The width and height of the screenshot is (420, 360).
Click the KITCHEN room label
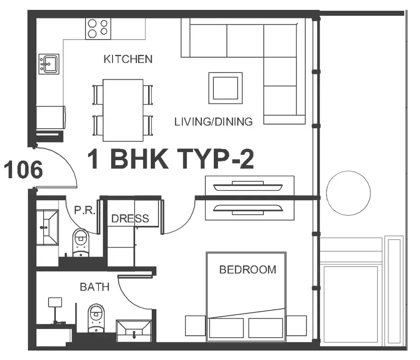pyautogui.click(x=128, y=59)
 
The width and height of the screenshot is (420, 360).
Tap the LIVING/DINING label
pyautogui.click(x=213, y=122)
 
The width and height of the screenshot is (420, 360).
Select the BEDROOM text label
pyautogui.click(x=248, y=270)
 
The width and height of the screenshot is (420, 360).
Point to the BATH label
pyautogui.click(x=95, y=287)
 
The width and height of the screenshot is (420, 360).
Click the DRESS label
pyautogui.click(x=130, y=219)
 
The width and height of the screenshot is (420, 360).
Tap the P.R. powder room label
pyautogui.click(x=85, y=210)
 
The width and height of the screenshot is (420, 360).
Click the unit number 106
pyautogui.click(x=23, y=170)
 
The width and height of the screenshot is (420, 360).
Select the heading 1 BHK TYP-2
pyautogui.click(x=171, y=159)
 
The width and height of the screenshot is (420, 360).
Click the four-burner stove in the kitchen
pyautogui.click(x=98, y=29)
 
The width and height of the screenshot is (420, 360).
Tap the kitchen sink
pyautogui.click(x=49, y=64)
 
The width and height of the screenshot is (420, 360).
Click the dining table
pyautogui.click(x=123, y=110)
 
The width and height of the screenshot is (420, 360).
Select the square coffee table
pyautogui.click(x=226, y=88)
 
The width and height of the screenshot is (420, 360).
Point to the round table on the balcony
pyautogui.click(x=348, y=193)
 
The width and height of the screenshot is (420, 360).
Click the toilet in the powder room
pyautogui.click(x=81, y=243)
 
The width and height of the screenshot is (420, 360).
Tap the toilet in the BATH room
pyautogui.click(x=96, y=318)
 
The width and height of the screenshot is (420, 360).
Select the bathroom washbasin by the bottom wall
pyautogui.click(x=134, y=331)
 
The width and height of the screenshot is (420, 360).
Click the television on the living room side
pyautogui.click(x=248, y=186)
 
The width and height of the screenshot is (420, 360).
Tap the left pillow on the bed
pyautogui.click(x=226, y=328)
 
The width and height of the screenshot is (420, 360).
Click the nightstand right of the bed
pyautogui.click(x=297, y=326)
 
